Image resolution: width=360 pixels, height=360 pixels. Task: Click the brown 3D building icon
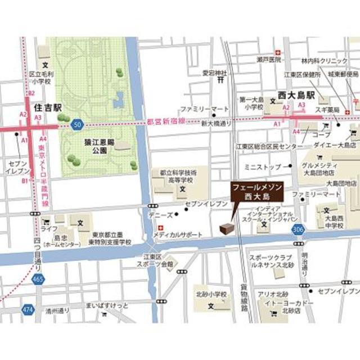pyautogui.click(x=226, y=227)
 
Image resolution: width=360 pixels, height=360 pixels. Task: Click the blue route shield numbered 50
pyautogui.click(x=78, y=124)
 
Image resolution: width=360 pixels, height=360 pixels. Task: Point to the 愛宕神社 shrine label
pyautogui.click(x=214, y=73)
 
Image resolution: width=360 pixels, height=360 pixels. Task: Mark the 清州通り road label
pyautogui.click(x=58, y=310)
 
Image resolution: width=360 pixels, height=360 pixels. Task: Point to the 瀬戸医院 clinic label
pyautogui.click(x=268, y=59)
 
